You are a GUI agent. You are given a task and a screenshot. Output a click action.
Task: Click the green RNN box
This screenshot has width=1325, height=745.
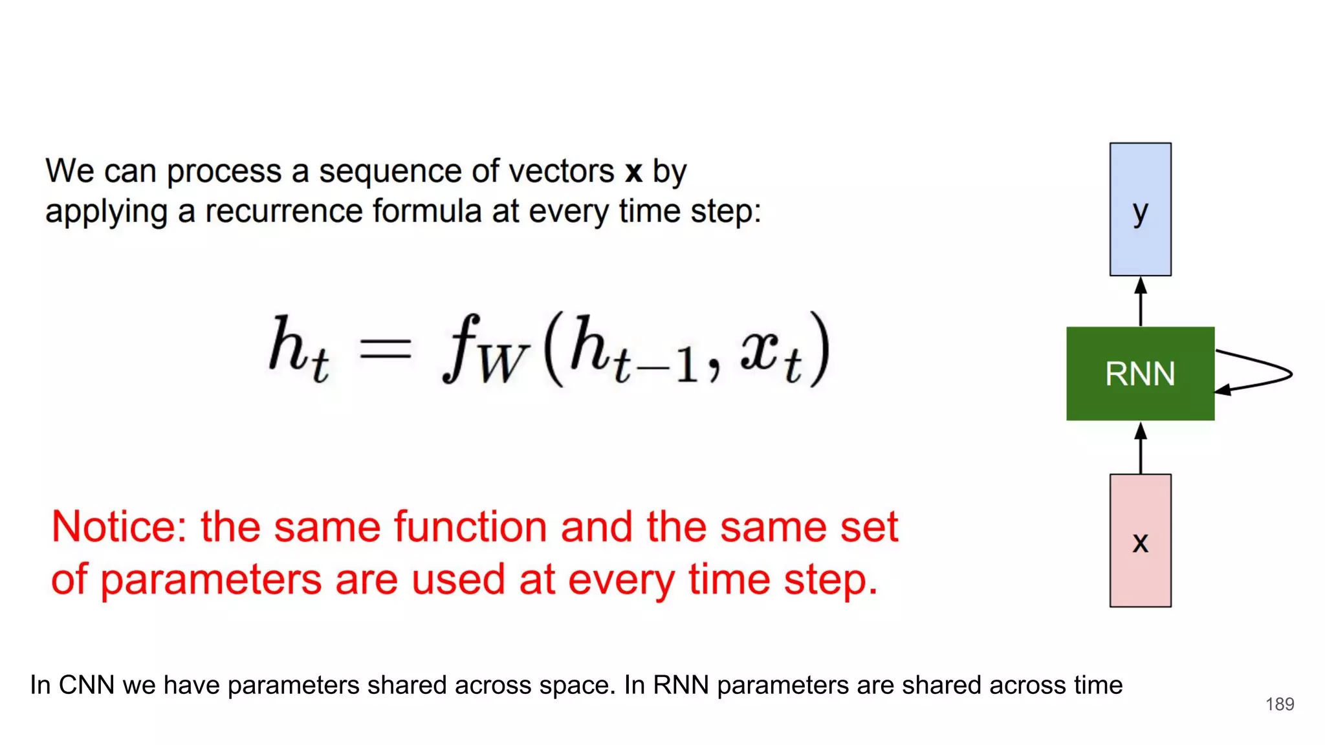(x=1140, y=374)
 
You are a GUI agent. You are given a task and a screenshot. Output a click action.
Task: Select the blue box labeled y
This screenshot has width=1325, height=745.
(x=1140, y=210)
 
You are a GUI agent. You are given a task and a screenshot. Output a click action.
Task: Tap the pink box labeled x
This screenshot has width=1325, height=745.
(x=1140, y=541)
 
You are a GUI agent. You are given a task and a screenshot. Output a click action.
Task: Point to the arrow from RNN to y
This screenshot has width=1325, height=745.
(x=1141, y=301)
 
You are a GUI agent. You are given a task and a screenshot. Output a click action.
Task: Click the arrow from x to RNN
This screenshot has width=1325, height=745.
(x=1141, y=448)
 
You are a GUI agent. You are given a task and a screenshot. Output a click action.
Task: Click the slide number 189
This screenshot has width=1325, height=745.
(x=1280, y=704)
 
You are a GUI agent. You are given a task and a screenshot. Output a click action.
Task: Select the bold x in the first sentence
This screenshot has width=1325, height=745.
(x=633, y=172)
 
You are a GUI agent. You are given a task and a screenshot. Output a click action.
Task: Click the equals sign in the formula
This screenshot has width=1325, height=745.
(x=386, y=349)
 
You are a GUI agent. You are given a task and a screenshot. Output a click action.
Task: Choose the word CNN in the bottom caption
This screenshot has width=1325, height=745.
(x=87, y=685)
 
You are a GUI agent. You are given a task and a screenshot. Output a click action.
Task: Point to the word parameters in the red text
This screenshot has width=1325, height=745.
(x=211, y=579)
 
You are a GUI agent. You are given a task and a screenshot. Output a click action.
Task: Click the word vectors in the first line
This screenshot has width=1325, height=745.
(x=561, y=172)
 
